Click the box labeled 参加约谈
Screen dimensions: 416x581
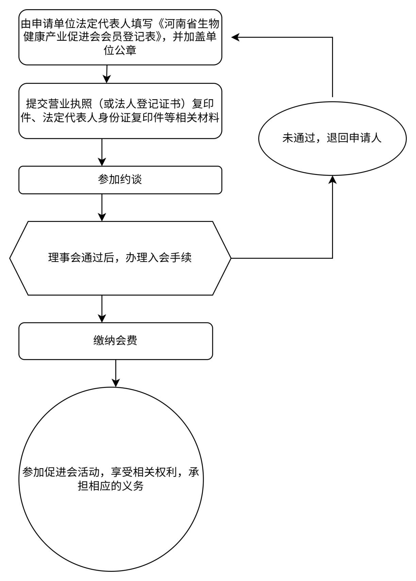tap(120, 180)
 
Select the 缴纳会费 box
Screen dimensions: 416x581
tap(116, 341)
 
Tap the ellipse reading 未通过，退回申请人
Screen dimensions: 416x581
tap(332, 138)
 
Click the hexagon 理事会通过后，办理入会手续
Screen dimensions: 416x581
tap(120, 258)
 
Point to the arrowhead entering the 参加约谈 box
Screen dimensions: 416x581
tap(102, 162)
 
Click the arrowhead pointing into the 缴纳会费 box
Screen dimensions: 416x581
tap(102, 318)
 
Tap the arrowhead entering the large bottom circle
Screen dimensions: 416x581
tap(116, 383)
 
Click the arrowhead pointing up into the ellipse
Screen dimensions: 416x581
tap(332, 180)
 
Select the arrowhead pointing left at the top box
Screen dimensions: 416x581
tap(235, 37)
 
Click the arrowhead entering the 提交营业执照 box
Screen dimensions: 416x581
tap(107, 79)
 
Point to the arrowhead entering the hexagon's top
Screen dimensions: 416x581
tap(102, 217)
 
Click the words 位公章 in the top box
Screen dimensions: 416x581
tap(120, 50)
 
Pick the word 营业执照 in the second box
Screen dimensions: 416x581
tap(70, 104)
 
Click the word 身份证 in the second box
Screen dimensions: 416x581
tap(114, 118)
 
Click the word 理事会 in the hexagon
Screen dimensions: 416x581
tap(65, 258)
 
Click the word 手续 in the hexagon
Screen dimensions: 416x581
tap(181, 258)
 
